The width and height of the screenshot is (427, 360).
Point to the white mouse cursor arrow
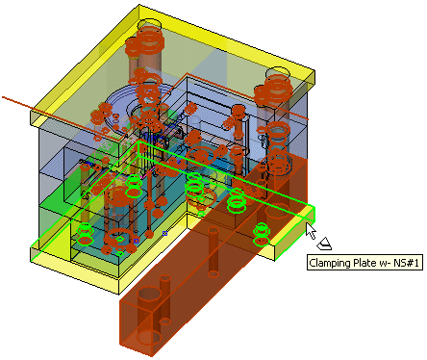coord(311,231)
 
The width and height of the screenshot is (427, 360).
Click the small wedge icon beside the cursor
coord(324,244)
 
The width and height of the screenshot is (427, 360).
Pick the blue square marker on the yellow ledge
coord(164,233)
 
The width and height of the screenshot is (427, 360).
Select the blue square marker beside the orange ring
coord(136,241)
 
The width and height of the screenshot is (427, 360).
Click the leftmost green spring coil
coord(85,234)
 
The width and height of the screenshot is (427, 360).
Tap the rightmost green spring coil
coord(262,234)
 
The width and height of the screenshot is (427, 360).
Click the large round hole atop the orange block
coord(149,294)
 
